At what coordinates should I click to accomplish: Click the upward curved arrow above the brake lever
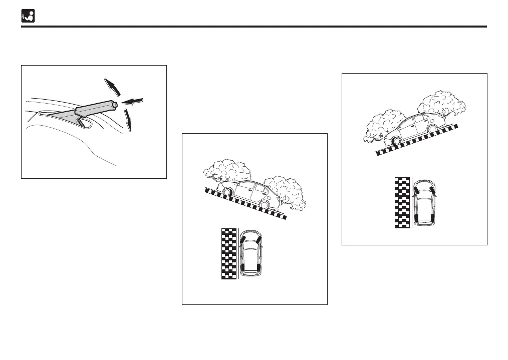[x=113, y=86]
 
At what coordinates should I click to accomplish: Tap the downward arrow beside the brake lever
[x=128, y=120]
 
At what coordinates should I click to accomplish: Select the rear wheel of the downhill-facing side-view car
[x=227, y=192]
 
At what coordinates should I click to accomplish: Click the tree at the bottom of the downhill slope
[x=285, y=191]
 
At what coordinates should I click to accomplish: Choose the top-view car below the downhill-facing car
[x=250, y=253]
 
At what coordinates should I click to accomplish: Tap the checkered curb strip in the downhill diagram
[x=228, y=253]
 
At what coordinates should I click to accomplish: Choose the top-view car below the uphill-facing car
[x=425, y=201]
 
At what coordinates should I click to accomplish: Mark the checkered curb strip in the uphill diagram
[x=402, y=202]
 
